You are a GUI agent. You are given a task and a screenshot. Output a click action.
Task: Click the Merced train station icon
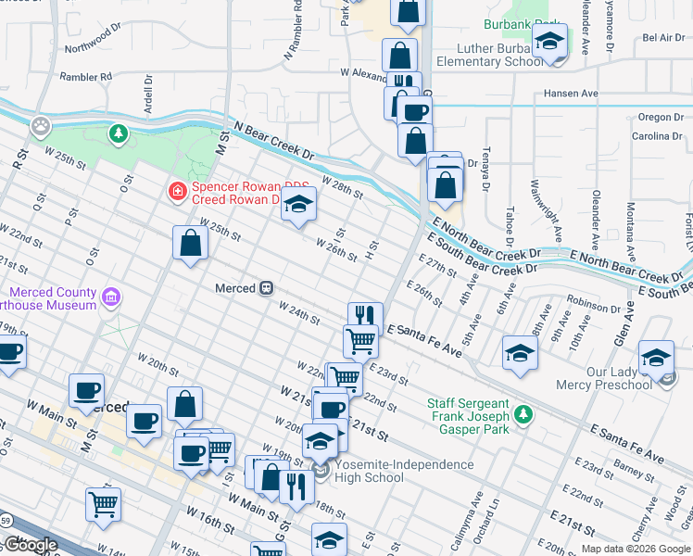tap(266, 288)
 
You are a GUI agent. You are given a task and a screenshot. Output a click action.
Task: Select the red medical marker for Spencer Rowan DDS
tap(176, 192)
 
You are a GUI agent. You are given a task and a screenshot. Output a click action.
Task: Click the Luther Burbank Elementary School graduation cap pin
tap(549, 43)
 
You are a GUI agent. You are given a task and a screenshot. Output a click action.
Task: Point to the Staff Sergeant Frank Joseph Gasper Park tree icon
tap(524, 413)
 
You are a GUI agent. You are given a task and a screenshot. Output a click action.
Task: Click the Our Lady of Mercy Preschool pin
tap(657, 357)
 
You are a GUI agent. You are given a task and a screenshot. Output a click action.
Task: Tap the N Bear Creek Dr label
tap(274, 143)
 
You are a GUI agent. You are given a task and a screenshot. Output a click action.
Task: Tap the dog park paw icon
tap(41, 123)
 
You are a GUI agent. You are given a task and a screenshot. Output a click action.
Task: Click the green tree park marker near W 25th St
tap(118, 134)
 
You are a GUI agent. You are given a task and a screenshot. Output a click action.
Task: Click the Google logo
tap(31, 545)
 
